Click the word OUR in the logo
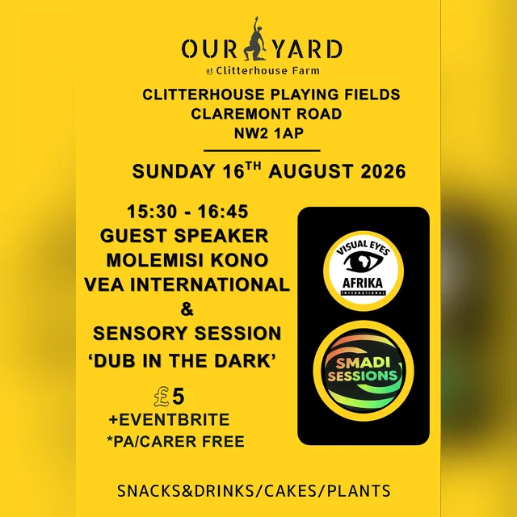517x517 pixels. (210, 49)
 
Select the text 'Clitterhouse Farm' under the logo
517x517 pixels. (267, 70)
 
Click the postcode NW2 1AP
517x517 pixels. (269, 133)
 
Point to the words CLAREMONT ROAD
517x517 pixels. (267, 114)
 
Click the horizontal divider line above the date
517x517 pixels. (262, 151)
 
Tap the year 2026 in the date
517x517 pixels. (383, 171)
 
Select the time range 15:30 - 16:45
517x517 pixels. (187, 212)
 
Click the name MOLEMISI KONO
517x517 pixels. (187, 260)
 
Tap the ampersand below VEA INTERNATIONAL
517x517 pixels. (187, 309)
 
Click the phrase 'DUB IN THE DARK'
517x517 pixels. (182, 360)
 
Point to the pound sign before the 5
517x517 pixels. (162, 397)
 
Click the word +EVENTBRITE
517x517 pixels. (169, 419)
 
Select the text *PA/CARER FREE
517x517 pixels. (176, 441)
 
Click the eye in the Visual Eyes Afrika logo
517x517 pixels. (363, 262)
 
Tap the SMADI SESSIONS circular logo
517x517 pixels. (364, 371)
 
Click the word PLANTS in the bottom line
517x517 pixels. (359, 490)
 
